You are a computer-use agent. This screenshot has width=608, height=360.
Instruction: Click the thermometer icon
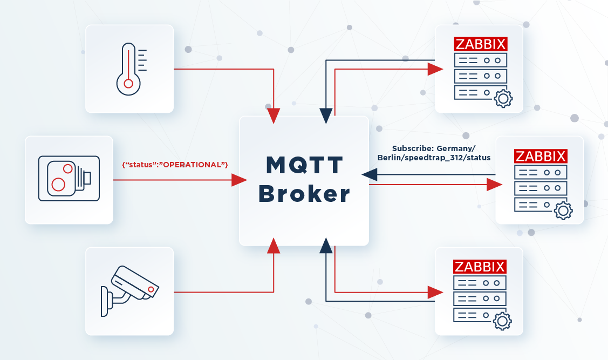coord(128,69)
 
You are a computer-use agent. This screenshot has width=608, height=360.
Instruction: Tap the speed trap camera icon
coord(69,179)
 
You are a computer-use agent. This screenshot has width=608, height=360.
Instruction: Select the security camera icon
coord(129,291)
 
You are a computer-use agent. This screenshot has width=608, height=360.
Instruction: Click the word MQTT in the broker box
coord(304,165)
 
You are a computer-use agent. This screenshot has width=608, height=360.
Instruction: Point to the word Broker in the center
coord(304,194)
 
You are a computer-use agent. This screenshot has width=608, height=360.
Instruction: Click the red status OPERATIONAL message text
coord(175,165)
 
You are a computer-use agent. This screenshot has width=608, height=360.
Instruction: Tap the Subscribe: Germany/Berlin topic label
coord(434,153)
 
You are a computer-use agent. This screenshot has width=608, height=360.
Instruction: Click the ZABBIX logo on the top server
coord(481,44)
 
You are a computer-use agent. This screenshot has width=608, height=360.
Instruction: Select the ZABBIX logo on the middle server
coord(541,157)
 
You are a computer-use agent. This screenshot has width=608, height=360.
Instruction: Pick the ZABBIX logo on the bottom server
coord(480,267)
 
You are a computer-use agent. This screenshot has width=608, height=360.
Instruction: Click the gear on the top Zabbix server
coord(503,99)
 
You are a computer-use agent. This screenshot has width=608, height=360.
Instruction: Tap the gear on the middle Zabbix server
coord(563,210)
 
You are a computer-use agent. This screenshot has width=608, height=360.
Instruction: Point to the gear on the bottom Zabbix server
coord(503,321)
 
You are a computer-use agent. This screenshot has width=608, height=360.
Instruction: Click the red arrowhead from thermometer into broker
coord(274,116)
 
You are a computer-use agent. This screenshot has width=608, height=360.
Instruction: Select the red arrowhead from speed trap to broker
coord(239,180)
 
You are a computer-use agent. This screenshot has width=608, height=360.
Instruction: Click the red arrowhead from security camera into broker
coord(274,246)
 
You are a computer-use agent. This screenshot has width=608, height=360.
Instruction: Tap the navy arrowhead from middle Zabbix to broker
coord(370,174)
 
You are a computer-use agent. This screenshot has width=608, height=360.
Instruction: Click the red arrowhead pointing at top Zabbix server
coord(435,69)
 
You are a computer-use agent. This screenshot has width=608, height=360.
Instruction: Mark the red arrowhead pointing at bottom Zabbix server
coord(435,292)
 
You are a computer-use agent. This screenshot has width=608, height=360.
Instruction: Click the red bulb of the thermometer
coord(128,84)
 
